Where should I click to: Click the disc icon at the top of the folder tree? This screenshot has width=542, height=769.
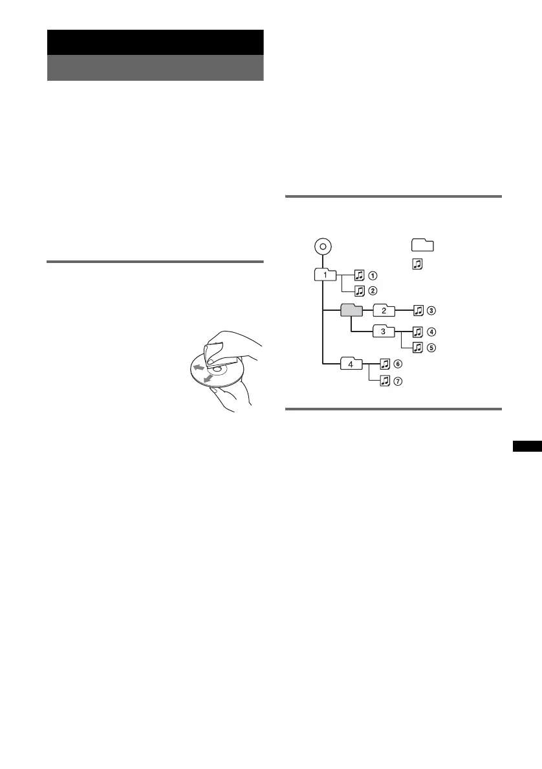click(x=322, y=246)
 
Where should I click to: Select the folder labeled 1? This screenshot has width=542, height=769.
click(x=326, y=275)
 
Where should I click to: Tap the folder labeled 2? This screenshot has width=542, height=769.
click(x=383, y=311)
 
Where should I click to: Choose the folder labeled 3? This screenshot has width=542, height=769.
click(x=383, y=332)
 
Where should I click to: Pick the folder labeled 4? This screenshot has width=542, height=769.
click(x=351, y=364)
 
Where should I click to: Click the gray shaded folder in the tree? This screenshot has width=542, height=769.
click(x=352, y=311)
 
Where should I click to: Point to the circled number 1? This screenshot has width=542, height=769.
click(x=373, y=276)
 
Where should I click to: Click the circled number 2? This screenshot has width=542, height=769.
click(x=373, y=290)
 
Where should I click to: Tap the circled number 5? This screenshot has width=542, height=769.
click(x=432, y=348)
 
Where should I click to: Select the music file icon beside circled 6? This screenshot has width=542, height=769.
click(x=385, y=364)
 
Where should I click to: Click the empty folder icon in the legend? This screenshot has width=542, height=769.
click(x=422, y=245)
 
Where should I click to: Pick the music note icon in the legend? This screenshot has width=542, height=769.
click(x=417, y=263)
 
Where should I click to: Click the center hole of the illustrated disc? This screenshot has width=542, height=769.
click(x=215, y=370)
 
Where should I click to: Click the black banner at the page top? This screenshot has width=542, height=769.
click(x=155, y=42)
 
